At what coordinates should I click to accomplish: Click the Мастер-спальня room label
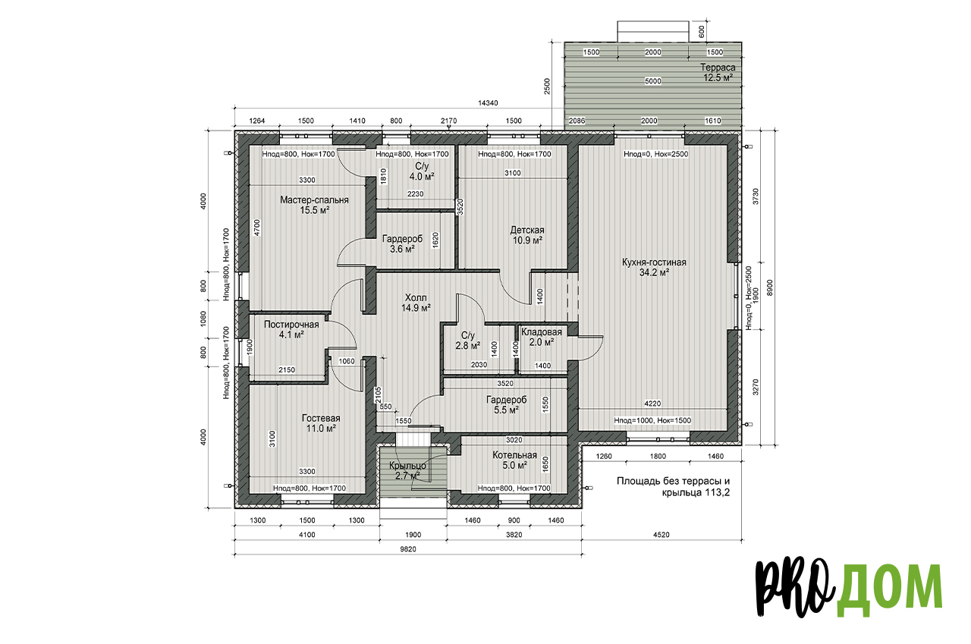click(x=314, y=200)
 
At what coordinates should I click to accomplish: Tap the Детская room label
click(x=527, y=230)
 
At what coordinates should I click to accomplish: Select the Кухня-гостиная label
click(x=654, y=262)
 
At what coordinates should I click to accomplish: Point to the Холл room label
click(x=416, y=298)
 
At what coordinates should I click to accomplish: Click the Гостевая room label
click(x=321, y=418)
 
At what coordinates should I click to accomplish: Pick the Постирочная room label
click(x=291, y=325)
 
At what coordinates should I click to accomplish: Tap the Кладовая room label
click(x=542, y=332)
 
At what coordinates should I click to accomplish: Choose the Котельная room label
click(x=514, y=455)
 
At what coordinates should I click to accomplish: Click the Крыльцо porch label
click(x=407, y=466)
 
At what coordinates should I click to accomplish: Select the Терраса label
click(x=718, y=68)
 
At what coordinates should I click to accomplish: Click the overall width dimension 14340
click(x=488, y=103)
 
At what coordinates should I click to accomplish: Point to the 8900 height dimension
click(x=769, y=287)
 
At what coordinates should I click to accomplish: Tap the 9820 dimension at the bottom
click(x=408, y=549)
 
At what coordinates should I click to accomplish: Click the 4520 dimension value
click(x=661, y=535)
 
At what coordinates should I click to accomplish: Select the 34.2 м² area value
click(x=654, y=272)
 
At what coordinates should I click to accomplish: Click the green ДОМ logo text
click(x=888, y=588)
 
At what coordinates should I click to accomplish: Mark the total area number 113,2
click(x=716, y=492)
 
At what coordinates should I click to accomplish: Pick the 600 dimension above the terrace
click(x=702, y=31)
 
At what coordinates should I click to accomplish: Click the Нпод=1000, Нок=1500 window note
click(x=652, y=420)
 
